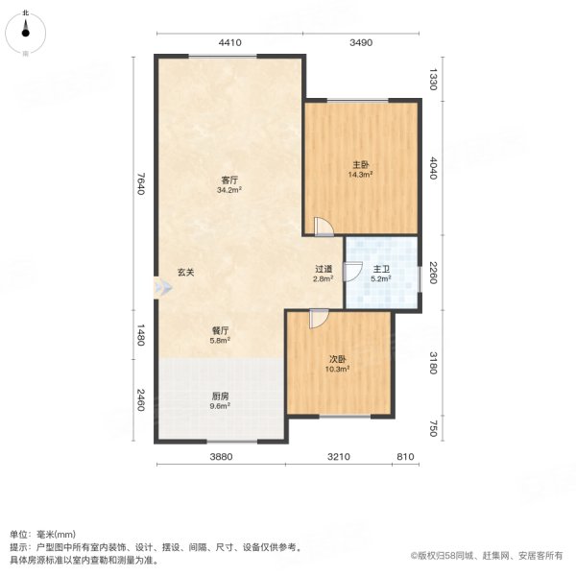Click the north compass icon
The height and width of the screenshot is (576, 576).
click(26, 33)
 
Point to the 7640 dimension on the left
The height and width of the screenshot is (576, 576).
click(140, 185)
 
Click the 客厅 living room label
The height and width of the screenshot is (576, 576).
click(229, 180)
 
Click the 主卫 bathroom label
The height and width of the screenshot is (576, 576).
click(381, 270)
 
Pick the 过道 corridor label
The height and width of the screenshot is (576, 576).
click(324, 270)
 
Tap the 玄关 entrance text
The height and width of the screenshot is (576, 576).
click(185, 273)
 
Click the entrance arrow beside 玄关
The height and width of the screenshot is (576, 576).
click(159, 286)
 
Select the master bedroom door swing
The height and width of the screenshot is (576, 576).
click(324, 227)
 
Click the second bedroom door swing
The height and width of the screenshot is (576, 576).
click(318, 319)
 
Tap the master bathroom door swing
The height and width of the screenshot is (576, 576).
click(352, 275)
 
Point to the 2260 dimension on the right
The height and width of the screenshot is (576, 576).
click(433, 273)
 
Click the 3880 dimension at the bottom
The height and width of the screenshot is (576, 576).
click(222, 458)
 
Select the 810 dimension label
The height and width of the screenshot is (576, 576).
click(405, 458)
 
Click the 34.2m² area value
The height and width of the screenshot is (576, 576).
click(229, 190)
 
